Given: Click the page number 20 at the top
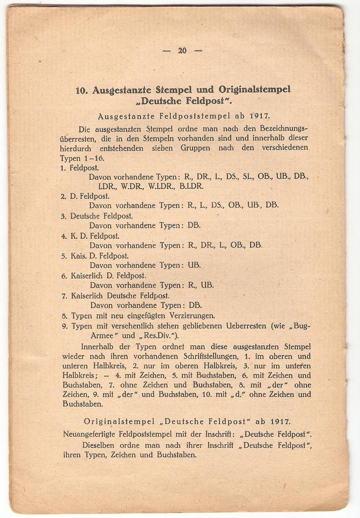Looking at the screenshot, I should [x=183, y=51].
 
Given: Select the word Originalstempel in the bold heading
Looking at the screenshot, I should [x=255, y=90].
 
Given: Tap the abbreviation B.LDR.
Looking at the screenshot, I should [x=191, y=186].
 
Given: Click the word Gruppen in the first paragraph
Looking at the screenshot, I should [x=195, y=148].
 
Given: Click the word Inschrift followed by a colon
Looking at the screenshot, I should [x=219, y=434].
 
